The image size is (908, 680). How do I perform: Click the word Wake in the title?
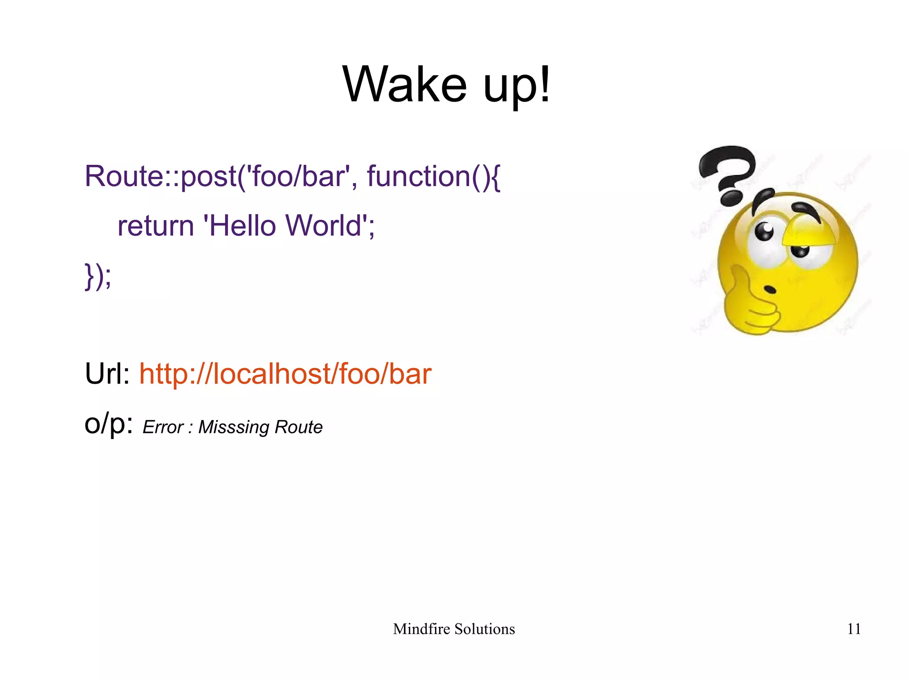[404, 84]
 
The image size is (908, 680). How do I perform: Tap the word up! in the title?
[517, 84]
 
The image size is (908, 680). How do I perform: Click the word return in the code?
[156, 226]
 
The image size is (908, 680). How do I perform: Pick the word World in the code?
[324, 226]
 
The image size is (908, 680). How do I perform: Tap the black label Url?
[107, 373]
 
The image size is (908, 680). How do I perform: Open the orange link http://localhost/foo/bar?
[285, 373]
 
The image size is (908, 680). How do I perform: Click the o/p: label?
[109, 424]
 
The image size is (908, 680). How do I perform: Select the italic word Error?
[163, 427]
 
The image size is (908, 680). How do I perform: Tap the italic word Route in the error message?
[298, 427]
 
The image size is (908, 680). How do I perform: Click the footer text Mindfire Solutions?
[454, 629]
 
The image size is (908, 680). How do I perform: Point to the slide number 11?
[853, 629]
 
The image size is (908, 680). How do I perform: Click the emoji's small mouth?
[770, 290]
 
